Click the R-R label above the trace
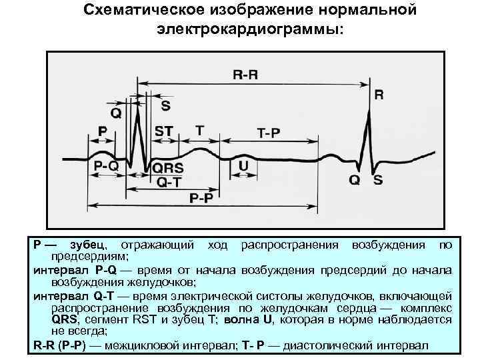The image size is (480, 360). coord(245,75)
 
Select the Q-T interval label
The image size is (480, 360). coord(168,182)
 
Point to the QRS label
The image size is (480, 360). coord(168,168)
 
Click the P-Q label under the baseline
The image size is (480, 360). coord(107,166)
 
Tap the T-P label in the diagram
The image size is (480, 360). coord(269,133)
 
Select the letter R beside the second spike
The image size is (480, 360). coord(379,95)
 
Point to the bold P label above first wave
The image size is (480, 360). coord(103,131)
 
